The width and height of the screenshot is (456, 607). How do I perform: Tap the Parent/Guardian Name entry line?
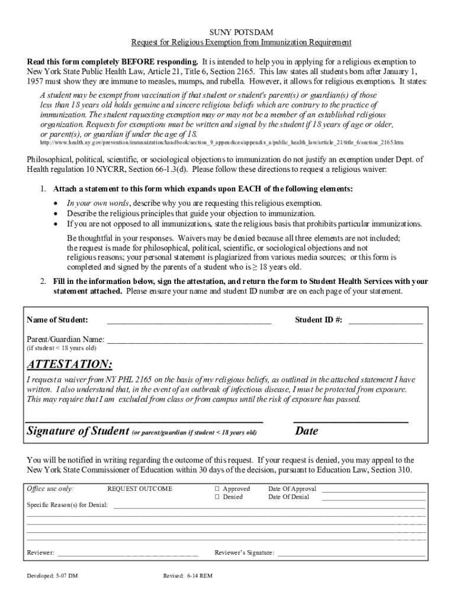(x=264, y=343)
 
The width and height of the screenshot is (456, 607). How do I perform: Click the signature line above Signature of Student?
(x=144, y=421)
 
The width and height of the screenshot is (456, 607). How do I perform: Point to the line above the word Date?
(x=351, y=421)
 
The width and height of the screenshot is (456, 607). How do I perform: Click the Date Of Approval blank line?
(x=373, y=492)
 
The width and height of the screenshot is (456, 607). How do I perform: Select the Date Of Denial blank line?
(x=373, y=500)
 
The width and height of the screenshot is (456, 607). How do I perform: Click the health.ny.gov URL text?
(x=221, y=143)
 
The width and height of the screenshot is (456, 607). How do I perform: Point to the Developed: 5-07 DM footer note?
(x=52, y=576)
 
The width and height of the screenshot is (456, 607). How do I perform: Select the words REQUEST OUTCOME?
(x=140, y=489)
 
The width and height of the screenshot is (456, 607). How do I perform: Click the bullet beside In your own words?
(x=56, y=203)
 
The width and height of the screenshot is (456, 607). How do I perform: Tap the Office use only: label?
(x=50, y=489)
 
